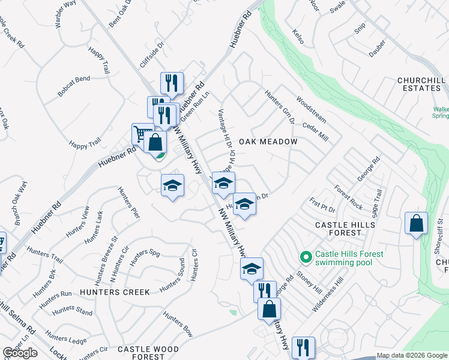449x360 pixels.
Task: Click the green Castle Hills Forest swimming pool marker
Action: point(306,257)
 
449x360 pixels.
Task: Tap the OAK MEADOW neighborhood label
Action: point(268,142)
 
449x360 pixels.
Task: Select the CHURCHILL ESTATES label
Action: point(420,84)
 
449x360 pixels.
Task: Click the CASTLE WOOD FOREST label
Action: point(148,353)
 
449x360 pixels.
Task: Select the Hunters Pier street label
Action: point(128,202)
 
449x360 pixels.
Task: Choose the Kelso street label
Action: point(298,36)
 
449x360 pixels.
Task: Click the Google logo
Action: point(20,353)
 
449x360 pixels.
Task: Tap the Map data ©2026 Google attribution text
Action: point(411,355)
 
